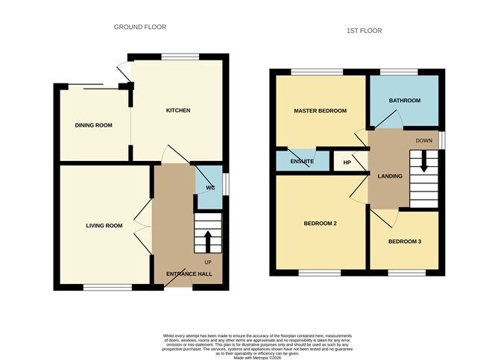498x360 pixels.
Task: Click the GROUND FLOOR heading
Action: point(139,27)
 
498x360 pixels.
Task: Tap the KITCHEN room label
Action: point(177,110)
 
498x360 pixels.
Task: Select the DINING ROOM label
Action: point(93,125)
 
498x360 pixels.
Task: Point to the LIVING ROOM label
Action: point(104,226)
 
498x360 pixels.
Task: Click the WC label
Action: point(210,187)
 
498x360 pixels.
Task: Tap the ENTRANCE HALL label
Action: point(189,274)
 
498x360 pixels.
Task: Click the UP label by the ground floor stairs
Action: point(208,261)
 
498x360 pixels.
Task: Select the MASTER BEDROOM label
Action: point(320,111)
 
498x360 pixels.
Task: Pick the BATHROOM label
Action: point(405,101)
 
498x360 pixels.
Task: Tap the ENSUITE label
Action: point(302,161)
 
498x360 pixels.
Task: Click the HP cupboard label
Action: point(347,162)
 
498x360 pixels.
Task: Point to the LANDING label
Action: point(390,177)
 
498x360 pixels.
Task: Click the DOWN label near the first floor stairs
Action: point(424,139)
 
